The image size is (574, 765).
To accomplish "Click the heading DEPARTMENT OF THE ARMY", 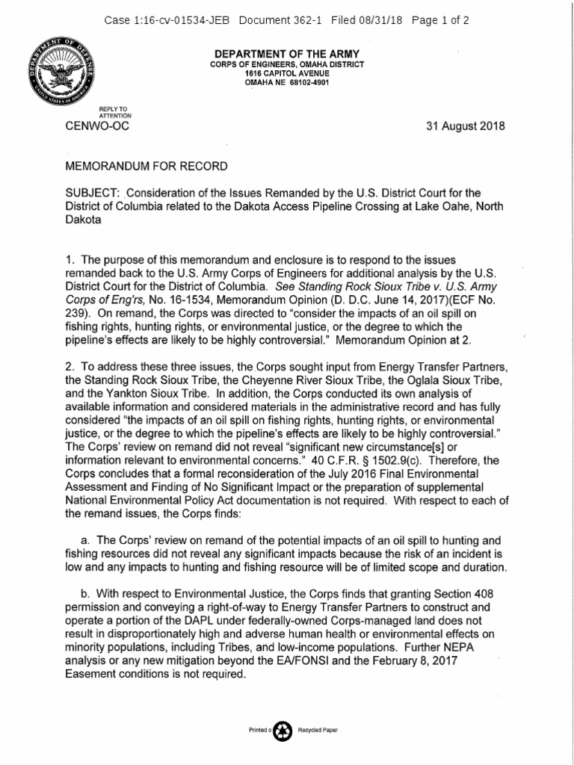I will coord(288,55).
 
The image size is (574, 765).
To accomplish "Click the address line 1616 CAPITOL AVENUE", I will coord(286,73).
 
